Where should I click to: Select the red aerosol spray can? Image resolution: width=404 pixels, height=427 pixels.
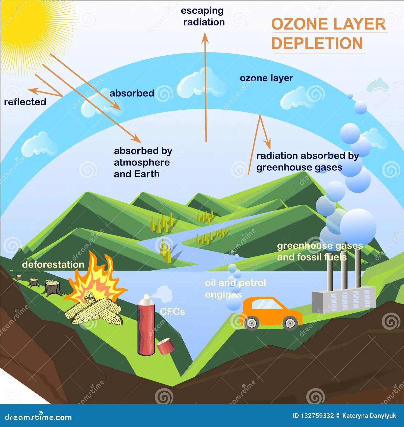point(146,326)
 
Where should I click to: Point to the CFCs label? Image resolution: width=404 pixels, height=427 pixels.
point(172,312)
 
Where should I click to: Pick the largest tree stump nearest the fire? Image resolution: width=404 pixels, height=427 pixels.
point(53,288)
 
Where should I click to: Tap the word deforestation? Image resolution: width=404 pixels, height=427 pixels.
point(53,265)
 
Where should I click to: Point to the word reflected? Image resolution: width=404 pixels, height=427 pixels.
point(25,102)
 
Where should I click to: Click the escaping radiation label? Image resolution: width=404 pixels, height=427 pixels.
point(203,16)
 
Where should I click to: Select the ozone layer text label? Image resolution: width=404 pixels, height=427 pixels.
point(266,78)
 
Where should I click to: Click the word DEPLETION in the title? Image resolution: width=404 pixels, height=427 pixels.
point(317,43)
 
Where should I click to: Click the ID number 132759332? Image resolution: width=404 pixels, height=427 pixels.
point(317,416)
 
